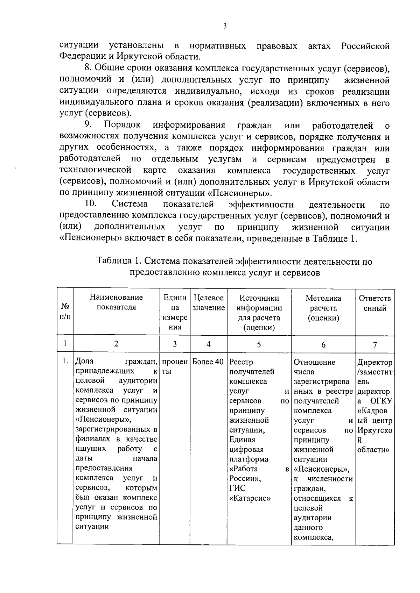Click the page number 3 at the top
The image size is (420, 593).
[224, 26]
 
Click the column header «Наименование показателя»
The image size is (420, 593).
[116, 302]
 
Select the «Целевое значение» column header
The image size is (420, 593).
[208, 303]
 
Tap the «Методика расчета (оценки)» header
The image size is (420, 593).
[323, 308]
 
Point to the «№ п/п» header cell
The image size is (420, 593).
[65, 311]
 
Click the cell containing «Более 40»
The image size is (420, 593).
[208, 362]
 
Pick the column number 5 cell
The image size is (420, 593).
[259, 344]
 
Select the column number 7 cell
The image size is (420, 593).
[374, 345]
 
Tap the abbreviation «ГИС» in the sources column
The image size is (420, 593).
[237, 488]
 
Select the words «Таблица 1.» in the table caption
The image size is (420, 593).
[119, 261]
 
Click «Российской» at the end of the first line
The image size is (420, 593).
[365, 46]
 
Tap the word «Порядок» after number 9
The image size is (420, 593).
[122, 125]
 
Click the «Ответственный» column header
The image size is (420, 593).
[374, 303]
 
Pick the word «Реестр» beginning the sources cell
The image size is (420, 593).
[241, 362]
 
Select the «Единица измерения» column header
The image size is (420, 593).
[175, 312]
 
